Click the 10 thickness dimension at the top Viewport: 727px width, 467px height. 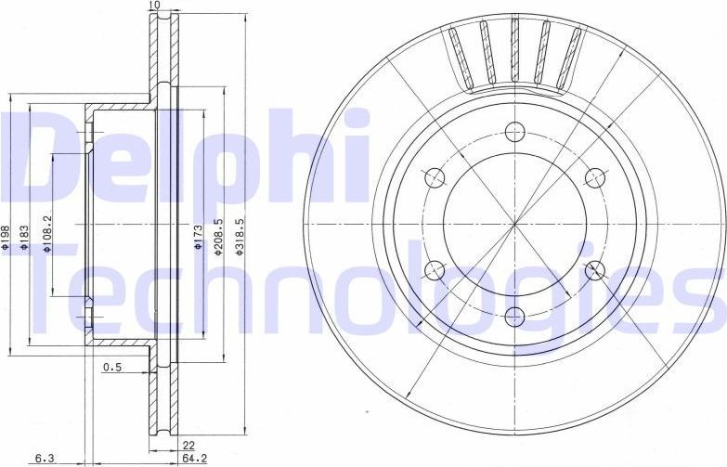pyautogui.click(x=153, y=6)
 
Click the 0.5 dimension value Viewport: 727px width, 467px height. pyautogui.click(x=111, y=368)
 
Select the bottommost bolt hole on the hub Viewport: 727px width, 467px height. pyautogui.click(x=515, y=314)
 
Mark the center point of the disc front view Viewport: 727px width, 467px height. pyautogui.click(x=515, y=223)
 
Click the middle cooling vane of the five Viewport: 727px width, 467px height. pyautogui.click(x=513, y=51)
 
